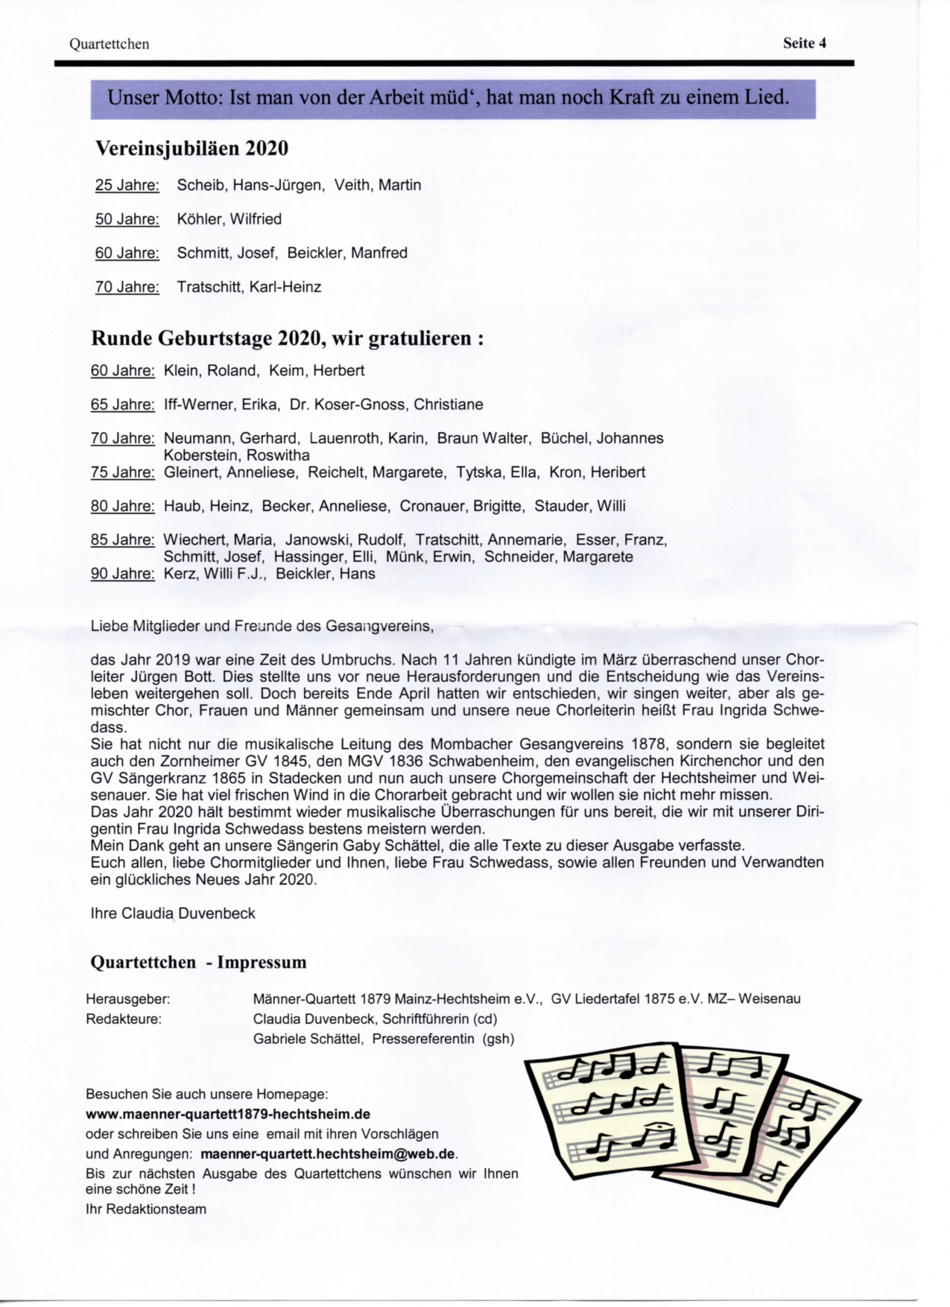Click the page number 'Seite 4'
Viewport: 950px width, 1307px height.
click(804, 43)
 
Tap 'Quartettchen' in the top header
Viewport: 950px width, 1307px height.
click(109, 44)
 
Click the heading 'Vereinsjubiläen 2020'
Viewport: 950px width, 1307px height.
click(191, 148)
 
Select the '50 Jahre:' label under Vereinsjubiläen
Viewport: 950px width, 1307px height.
click(127, 219)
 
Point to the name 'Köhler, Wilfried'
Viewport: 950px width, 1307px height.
click(229, 219)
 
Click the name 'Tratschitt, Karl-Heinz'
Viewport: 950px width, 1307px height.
click(249, 287)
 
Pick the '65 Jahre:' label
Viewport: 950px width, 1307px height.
click(122, 405)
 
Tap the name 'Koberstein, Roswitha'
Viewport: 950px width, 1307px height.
click(236, 455)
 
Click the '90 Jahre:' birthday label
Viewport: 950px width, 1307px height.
click(122, 574)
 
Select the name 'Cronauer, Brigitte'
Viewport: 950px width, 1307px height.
click(461, 506)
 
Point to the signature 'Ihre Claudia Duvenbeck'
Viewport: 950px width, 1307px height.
click(173, 914)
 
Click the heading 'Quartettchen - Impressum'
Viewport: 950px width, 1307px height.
click(198, 962)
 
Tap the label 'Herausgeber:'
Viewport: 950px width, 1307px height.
click(127, 999)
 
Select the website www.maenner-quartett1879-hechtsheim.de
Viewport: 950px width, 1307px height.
click(228, 1115)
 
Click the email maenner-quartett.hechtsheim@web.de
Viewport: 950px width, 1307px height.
click(328, 1154)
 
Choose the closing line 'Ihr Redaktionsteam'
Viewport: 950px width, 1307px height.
click(146, 1209)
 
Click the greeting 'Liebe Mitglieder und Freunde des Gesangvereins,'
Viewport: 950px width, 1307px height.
click(262, 626)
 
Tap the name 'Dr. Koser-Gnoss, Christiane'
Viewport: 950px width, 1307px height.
click(386, 405)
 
